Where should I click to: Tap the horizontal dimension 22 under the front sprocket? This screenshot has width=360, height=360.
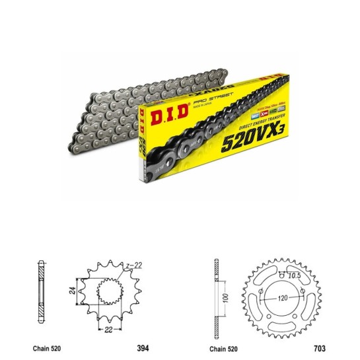tap(106, 328)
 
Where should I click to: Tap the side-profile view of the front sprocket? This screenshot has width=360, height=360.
tap(42, 290)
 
